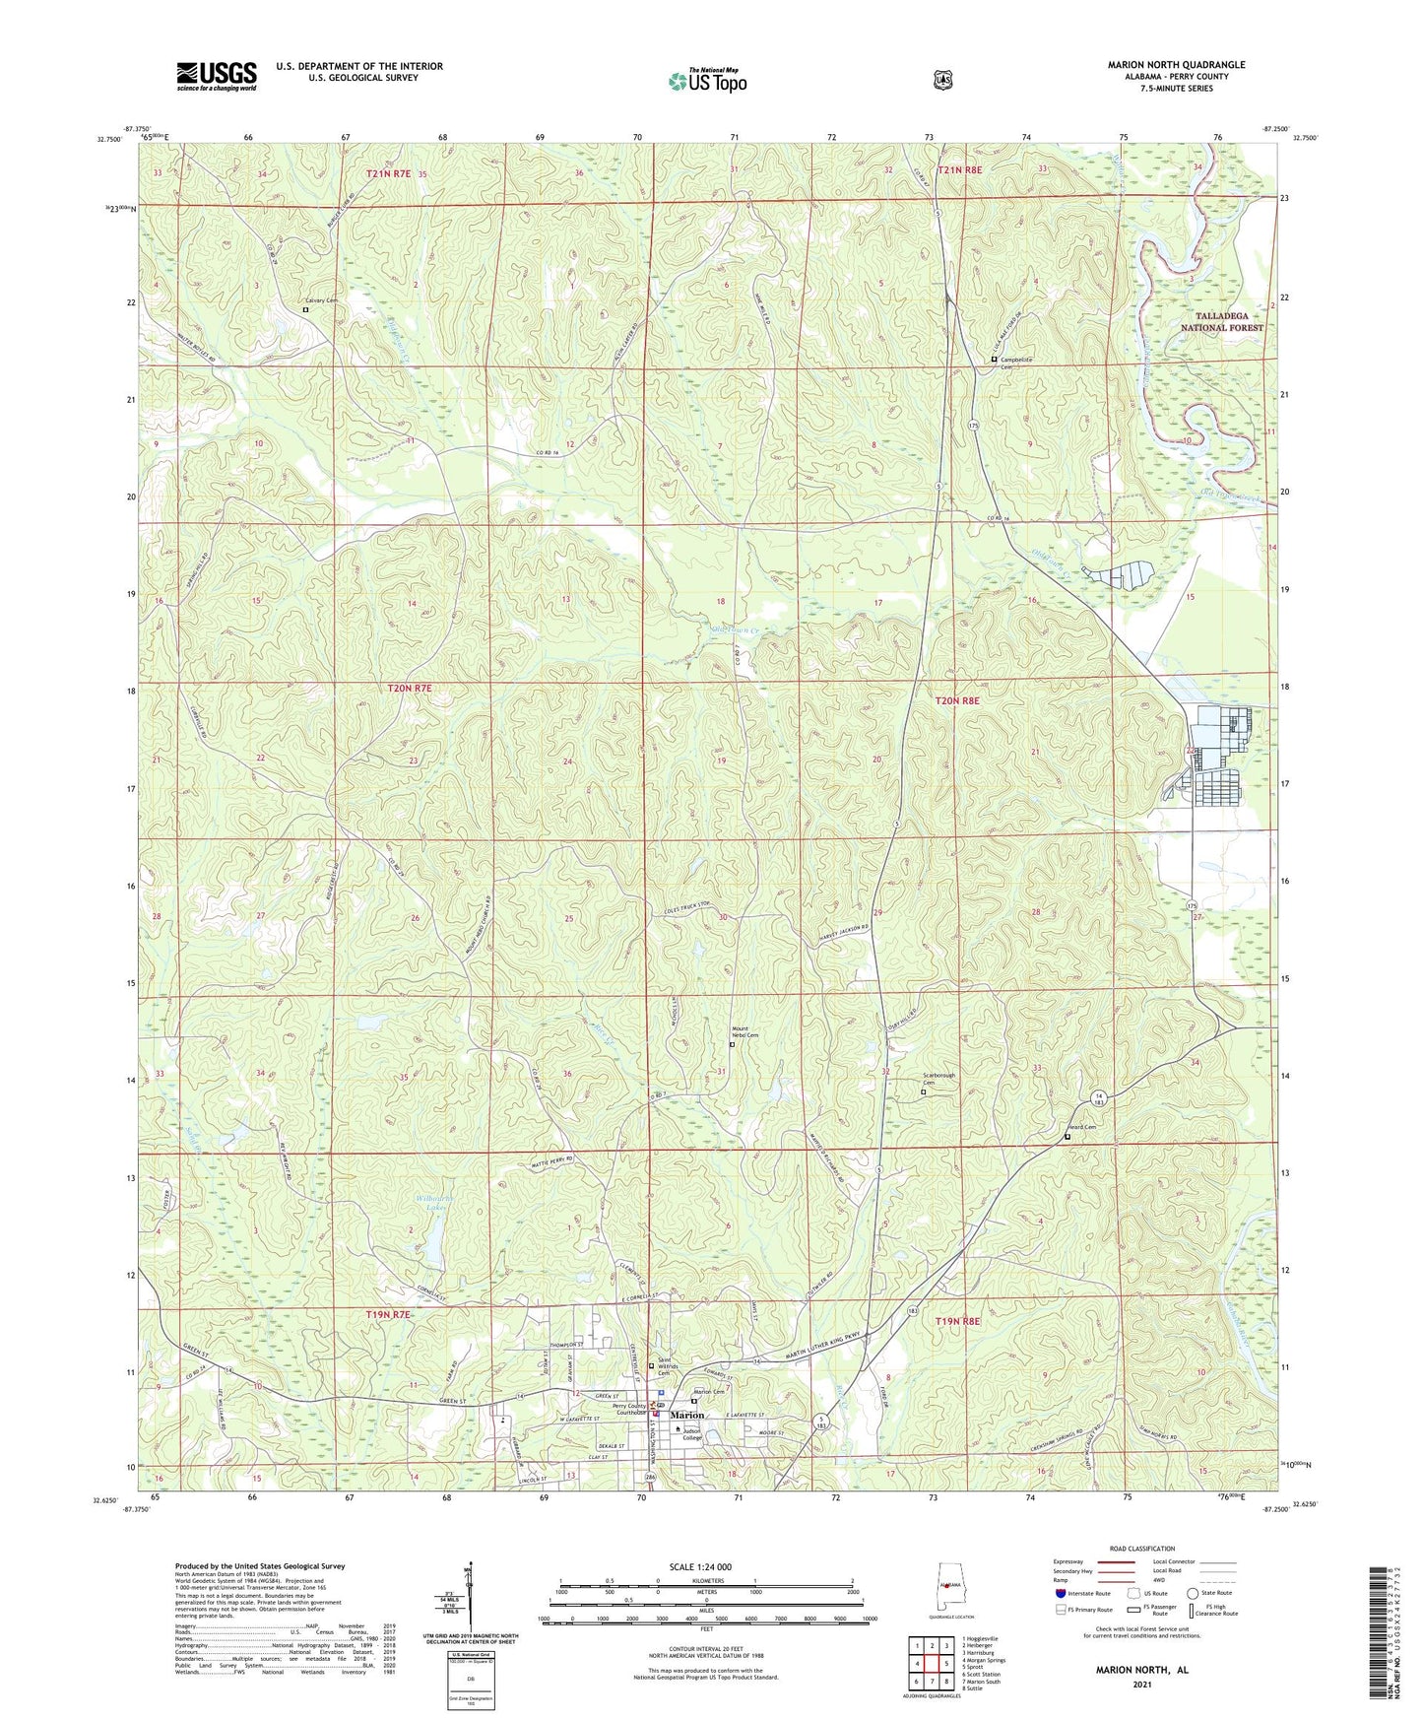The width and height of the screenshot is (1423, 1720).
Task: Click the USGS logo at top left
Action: pyautogui.click(x=217, y=76)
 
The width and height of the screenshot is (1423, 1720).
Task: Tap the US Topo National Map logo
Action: pyautogui.click(x=707, y=80)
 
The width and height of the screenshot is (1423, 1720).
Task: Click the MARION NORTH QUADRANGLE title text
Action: pyautogui.click(x=1176, y=65)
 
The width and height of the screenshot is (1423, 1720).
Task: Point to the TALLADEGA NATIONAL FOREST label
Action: pyautogui.click(x=1221, y=322)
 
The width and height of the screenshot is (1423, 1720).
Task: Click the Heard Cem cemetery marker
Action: pyautogui.click(x=1067, y=1137)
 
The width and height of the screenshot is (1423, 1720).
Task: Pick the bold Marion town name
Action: pyautogui.click(x=687, y=1416)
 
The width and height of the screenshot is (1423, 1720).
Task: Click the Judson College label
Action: pyautogui.click(x=692, y=1434)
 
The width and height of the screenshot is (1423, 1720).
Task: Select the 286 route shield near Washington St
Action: pyautogui.click(x=650, y=1478)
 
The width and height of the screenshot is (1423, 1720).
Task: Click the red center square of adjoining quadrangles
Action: pyautogui.click(x=931, y=1664)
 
